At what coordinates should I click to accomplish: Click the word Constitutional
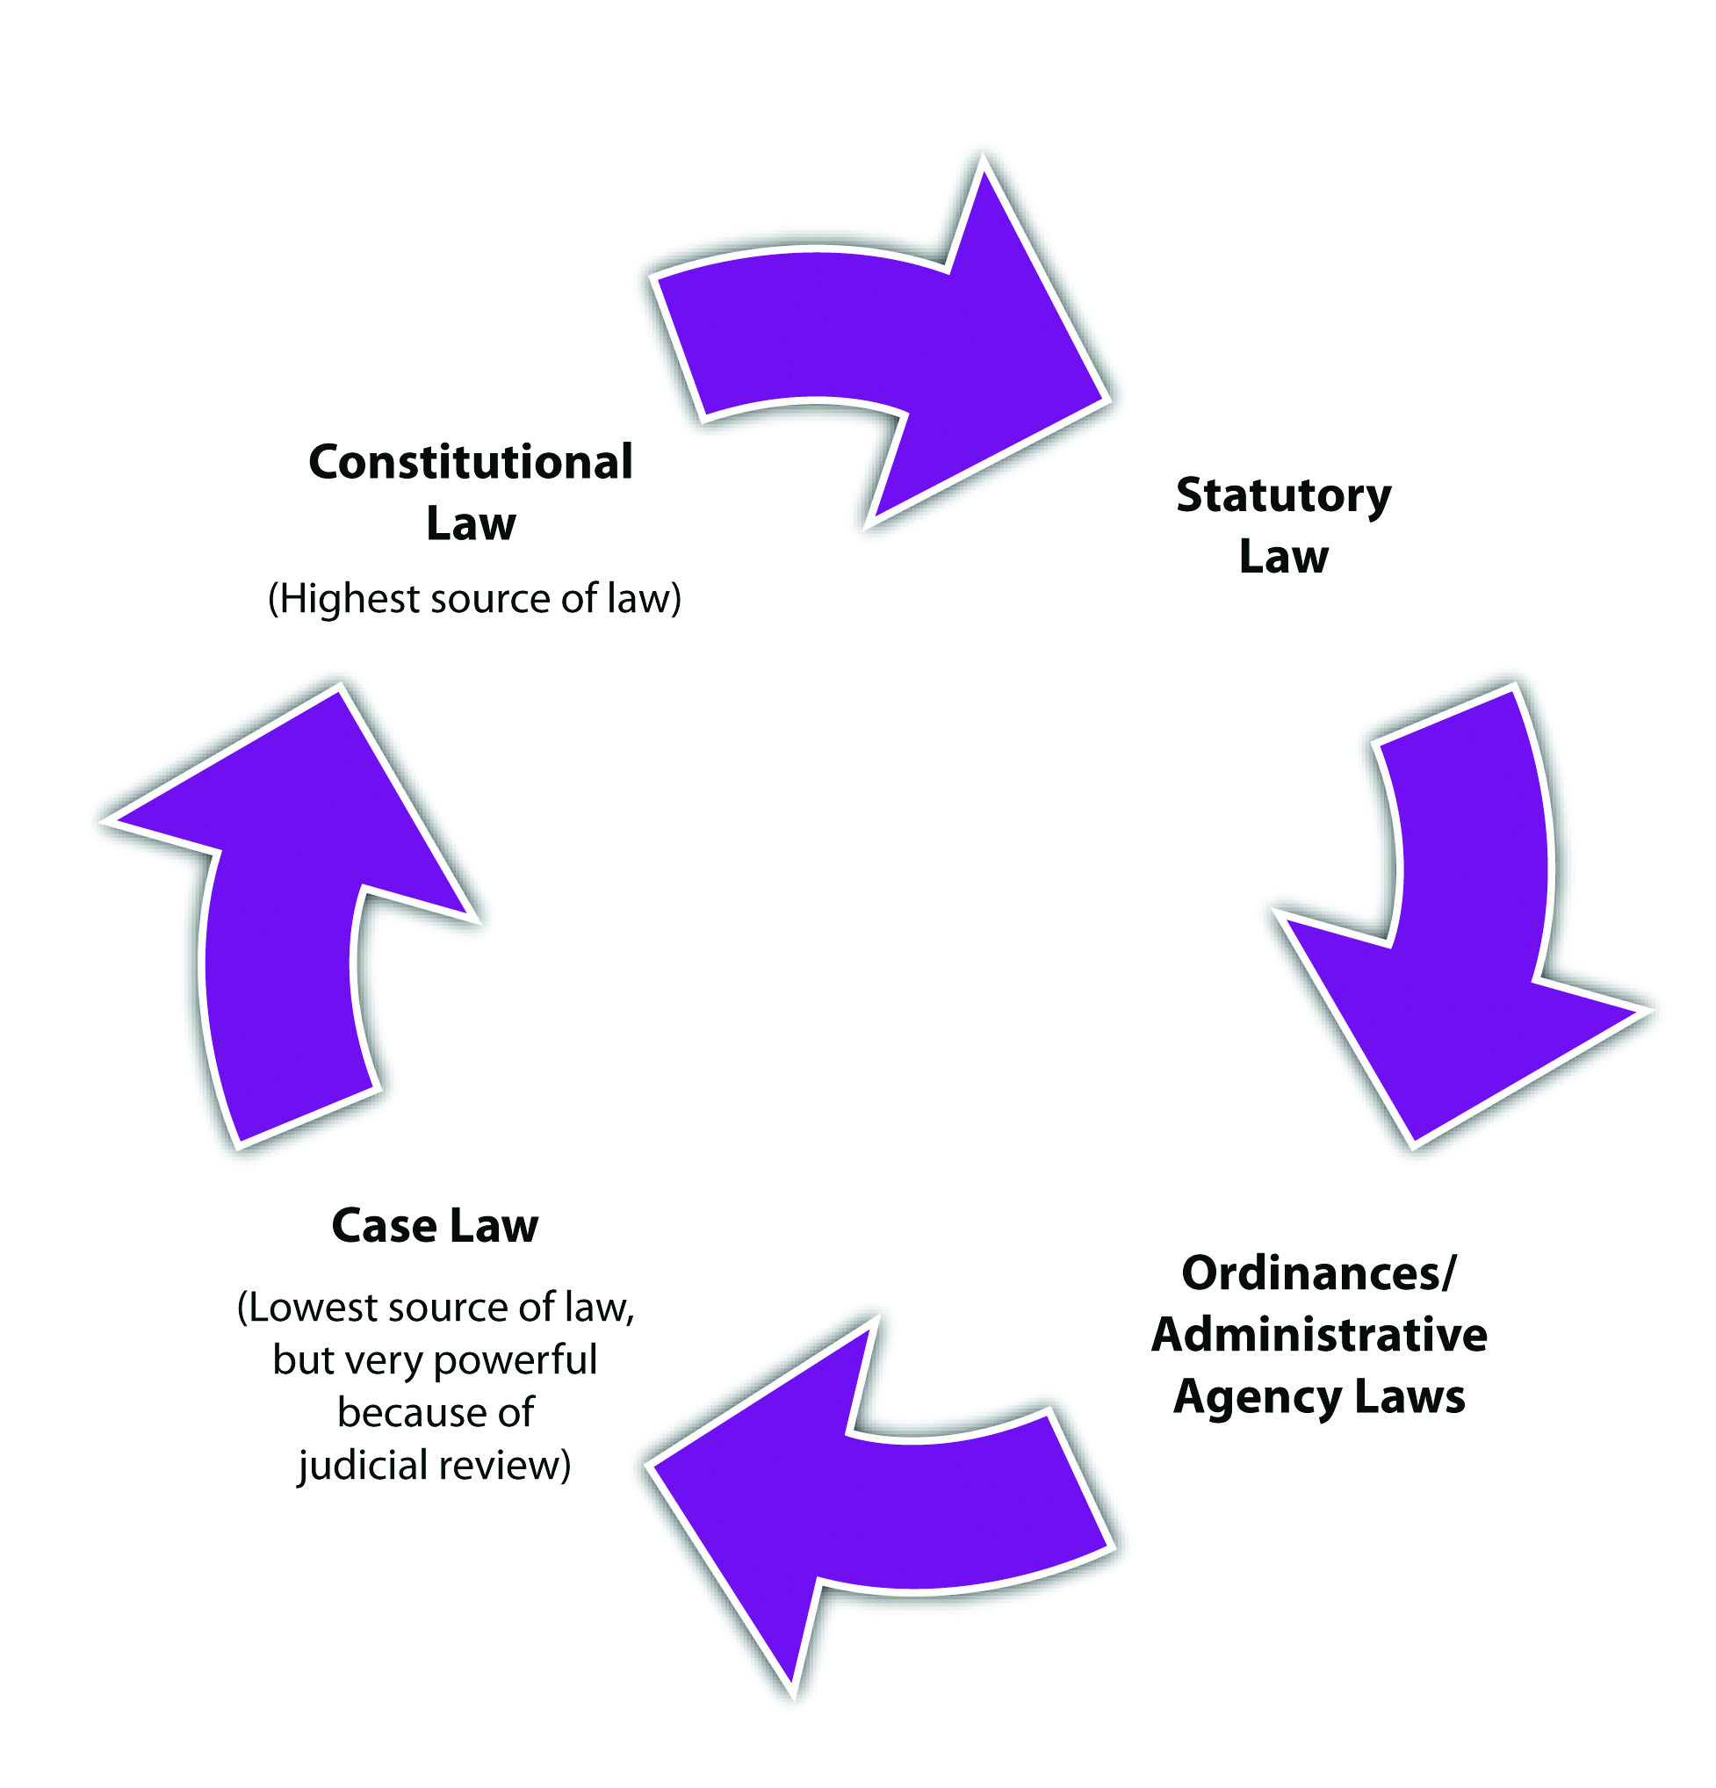[470, 462]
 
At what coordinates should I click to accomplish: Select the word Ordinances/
[1318, 1273]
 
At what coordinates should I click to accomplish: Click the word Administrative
[1319, 1335]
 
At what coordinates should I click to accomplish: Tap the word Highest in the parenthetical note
[347, 599]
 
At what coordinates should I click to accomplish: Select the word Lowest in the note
[313, 1309]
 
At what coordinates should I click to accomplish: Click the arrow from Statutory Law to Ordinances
[1460, 921]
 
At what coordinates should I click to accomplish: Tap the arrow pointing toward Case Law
[876, 1505]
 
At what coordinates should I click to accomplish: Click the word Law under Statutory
[1283, 557]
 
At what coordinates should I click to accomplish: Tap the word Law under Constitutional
[471, 523]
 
